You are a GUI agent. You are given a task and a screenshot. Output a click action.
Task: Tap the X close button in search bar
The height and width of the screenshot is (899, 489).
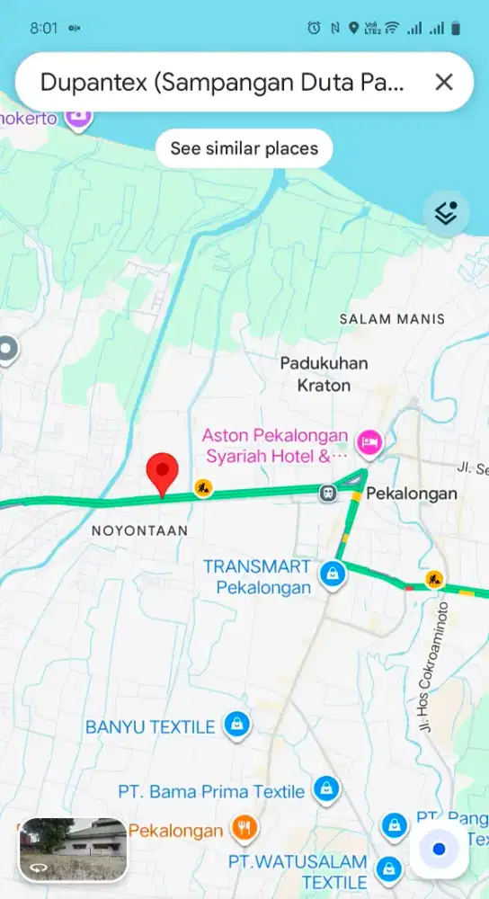point(443,83)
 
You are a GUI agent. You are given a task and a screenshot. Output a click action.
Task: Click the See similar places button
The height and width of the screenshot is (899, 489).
point(244,148)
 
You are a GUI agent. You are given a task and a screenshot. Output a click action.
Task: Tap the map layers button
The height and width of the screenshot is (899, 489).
point(446,213)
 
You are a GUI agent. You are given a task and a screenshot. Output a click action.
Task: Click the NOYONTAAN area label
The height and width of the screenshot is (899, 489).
point(139,531)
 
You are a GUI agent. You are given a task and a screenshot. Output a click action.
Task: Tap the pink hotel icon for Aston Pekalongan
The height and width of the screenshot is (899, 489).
point(369,441)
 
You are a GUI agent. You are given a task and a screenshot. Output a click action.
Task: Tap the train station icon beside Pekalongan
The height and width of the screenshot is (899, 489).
point(329,492)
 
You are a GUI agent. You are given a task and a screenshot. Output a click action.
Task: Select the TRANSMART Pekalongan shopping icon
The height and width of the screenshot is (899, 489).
point(333,572)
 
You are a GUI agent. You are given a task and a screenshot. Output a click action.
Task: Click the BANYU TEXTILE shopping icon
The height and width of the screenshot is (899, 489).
point(236,725)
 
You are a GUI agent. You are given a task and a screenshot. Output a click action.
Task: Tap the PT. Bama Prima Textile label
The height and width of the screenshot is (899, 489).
point(211,791)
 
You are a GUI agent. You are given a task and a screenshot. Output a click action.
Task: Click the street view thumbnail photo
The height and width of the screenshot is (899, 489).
point(73,849)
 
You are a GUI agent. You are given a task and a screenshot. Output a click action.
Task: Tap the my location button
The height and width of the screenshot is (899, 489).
point(439,850)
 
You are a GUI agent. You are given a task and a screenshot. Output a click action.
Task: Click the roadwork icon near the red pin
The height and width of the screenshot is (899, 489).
point(204,488)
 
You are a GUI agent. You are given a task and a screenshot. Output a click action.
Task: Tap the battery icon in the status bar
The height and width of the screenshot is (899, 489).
point(456,29)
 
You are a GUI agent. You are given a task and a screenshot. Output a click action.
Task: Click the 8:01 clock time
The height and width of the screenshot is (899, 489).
point(43,28)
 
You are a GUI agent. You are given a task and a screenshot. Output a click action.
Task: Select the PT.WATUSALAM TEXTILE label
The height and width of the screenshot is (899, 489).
point(298,872)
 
